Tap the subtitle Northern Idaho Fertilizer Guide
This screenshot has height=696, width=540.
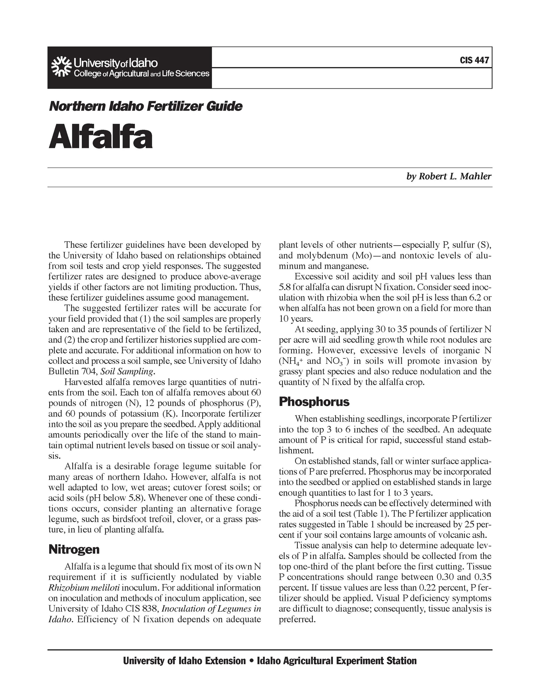coord(146,106)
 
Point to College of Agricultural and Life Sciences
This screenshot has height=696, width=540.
coord(142,74)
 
